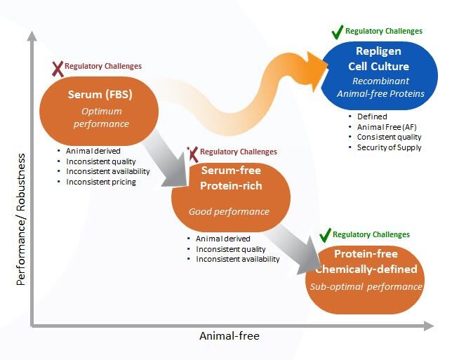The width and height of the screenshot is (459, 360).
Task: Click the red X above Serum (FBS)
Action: pos(58,68)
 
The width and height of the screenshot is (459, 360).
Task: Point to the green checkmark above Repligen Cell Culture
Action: pos(337,32)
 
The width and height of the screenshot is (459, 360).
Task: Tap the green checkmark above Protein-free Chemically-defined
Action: pos(325,235)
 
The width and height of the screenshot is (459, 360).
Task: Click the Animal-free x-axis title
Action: pos(229,336)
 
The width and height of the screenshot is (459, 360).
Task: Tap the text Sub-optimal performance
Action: pos(366,286)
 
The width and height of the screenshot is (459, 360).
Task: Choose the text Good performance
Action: pos(229,211)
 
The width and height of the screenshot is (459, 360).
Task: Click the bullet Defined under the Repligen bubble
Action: pos(371,116)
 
